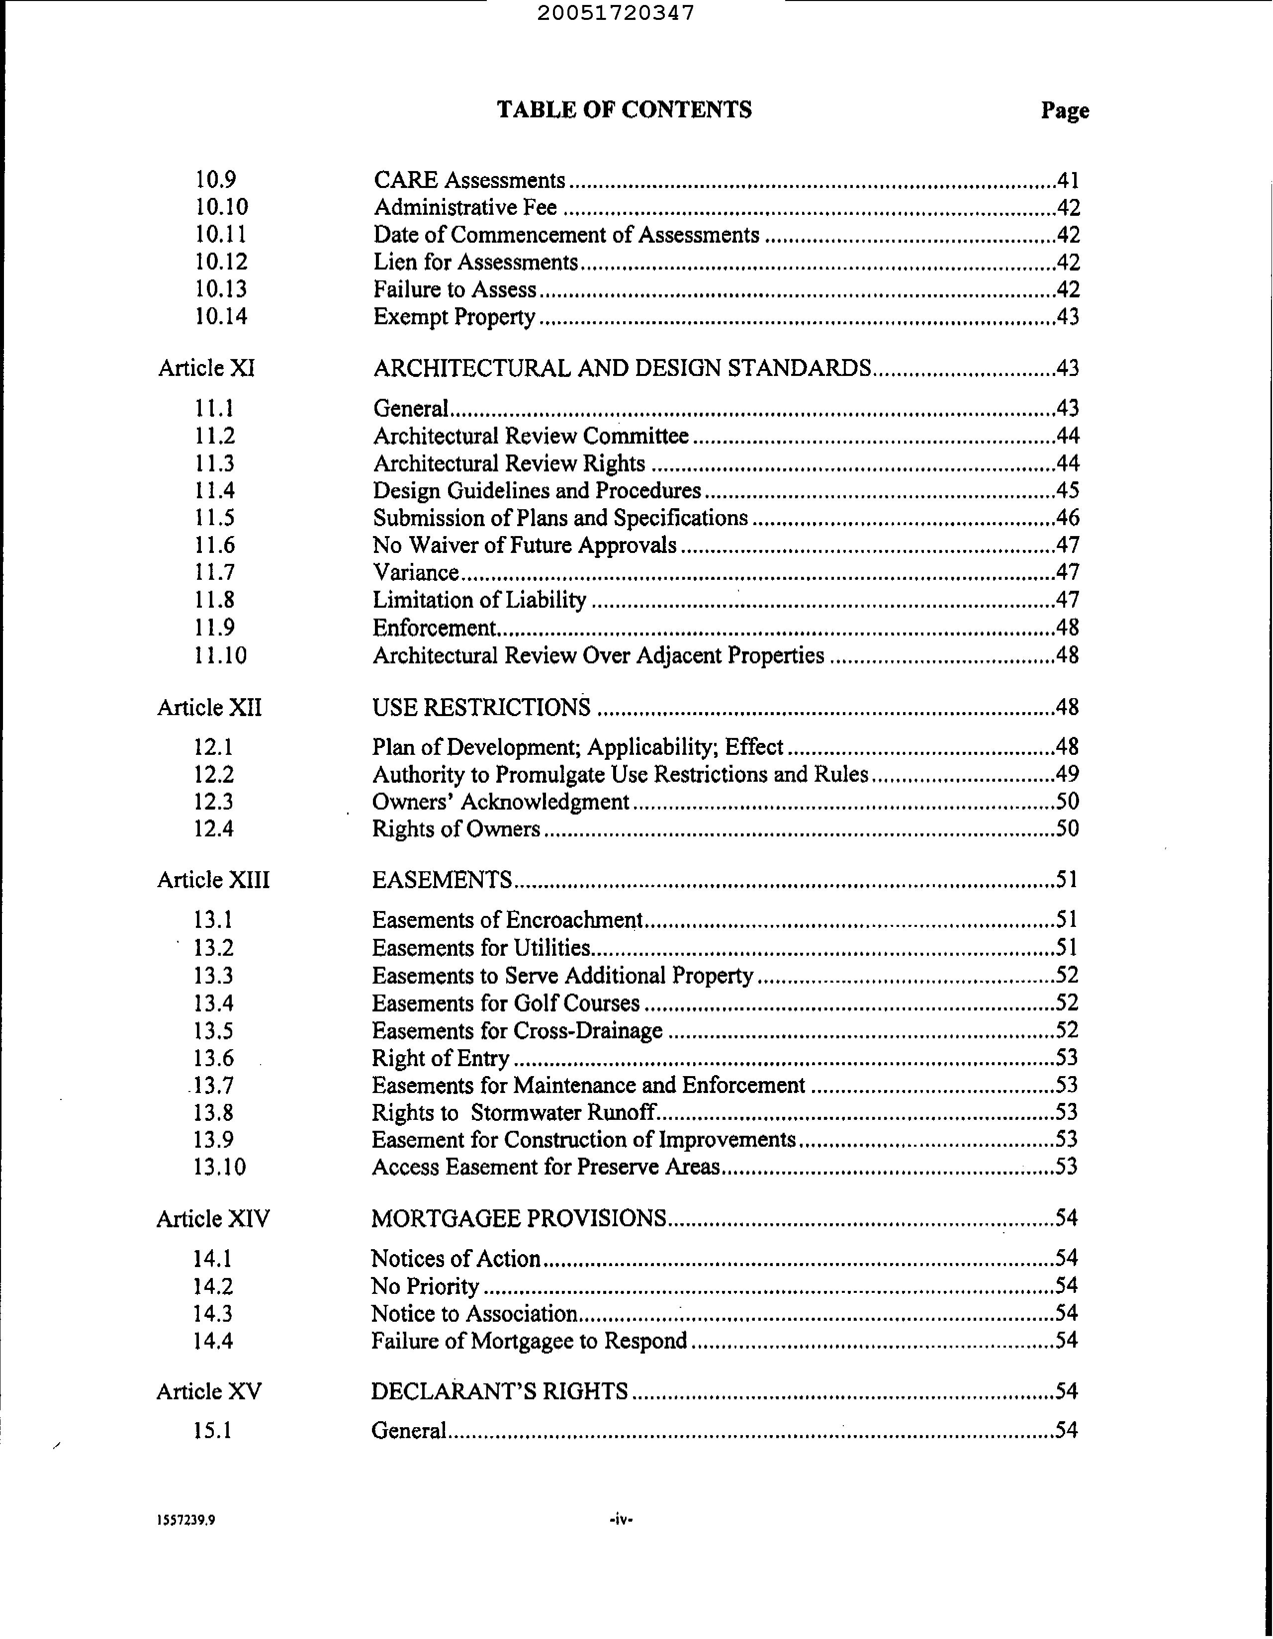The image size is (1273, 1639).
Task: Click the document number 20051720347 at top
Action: click(616, 13)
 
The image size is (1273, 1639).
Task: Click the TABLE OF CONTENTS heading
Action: click(624, 110)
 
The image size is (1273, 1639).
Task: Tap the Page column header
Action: click(1064, 111)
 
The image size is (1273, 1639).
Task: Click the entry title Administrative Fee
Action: click(465, 207)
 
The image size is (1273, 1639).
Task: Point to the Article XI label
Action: click(206, 368)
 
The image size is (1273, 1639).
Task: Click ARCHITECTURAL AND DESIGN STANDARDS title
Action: click(622, 368)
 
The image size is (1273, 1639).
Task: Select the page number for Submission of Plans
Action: click(1067, 518)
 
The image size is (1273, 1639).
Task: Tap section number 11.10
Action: click(220, 656)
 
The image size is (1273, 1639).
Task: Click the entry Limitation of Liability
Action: click(480, 600)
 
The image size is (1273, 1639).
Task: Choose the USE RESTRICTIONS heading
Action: click(481, 708)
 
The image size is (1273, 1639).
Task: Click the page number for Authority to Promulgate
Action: click(1067, 774)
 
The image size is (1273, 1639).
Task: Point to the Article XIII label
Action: click(213, 880)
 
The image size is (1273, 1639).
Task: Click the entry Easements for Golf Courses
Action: click(506, 1003)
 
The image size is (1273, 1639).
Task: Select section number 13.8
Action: click(213, 1112)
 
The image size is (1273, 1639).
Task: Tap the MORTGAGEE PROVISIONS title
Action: click(519, 1218)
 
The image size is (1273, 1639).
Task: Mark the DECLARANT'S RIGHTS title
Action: click(499, 1391)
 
